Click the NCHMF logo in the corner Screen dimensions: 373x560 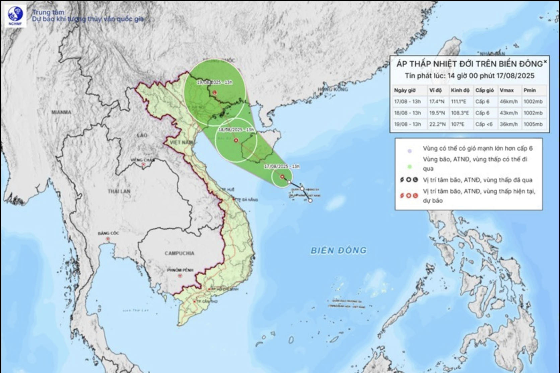(16, 16)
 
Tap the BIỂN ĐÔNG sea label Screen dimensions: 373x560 (338, 250)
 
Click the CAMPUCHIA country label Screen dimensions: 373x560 (179, 253)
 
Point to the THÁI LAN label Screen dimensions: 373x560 (119, 191)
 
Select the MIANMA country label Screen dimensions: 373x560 (61, 112)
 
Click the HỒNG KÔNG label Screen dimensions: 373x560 (333, 89)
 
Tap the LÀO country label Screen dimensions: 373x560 (142, 135)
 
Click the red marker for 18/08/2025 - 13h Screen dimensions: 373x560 (236, 140)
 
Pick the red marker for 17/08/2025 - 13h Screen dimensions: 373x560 (282, 176)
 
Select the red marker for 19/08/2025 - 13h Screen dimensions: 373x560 (214, 92)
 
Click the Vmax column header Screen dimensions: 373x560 (506, 90)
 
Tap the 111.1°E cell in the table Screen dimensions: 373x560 (459, 101)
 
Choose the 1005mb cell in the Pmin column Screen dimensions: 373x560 (533, 124)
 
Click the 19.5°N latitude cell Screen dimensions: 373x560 (437, 113)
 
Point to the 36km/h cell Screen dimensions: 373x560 (508, 124)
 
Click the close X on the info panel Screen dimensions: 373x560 (545, 62)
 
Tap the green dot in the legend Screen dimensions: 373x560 (409, 166)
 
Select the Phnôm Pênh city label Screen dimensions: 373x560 (180, 270)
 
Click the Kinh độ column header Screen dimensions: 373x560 (460, 90)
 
